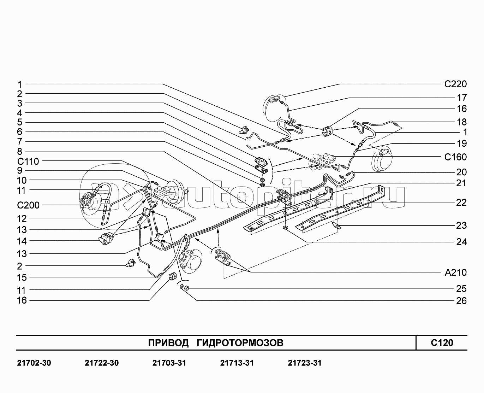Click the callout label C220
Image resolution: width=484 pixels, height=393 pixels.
click(455, 84)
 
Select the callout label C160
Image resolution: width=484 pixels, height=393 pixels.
click(455, 157)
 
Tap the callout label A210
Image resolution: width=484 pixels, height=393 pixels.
click(455, 272)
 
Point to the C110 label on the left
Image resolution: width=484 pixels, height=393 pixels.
click(28, 162)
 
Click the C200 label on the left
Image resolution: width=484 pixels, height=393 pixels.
click(28, 205)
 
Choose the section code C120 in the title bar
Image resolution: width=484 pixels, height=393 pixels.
click(442, 342)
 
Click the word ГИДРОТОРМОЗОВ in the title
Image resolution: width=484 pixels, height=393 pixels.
click(240, 343)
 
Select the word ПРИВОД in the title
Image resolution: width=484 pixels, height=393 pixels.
click(168, 343)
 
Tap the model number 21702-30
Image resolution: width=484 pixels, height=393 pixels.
click(34, 363)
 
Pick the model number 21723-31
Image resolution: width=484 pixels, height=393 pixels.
click(305, 363)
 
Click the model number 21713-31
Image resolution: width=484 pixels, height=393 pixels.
click(237, 363)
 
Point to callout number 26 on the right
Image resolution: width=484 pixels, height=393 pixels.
click(461, 301)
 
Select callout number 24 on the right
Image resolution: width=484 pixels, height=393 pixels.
click(461, 242)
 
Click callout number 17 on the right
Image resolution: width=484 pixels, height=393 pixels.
click(461, 98)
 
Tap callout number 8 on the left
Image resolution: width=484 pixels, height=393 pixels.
click(20, 152)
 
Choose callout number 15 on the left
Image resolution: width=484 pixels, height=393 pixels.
click(22, 277)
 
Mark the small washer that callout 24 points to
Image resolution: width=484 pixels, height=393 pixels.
click(285, 227)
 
